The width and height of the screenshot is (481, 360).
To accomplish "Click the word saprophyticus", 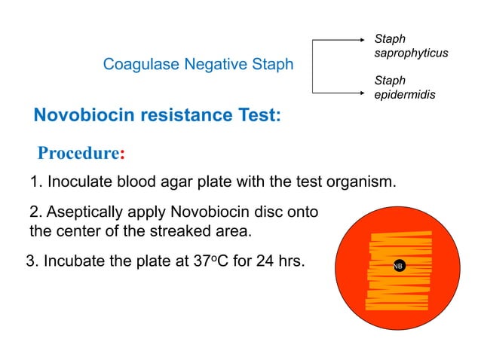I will pos(411,53).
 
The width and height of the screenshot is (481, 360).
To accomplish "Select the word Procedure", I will pos(78,153).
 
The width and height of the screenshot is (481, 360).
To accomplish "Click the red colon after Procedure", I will pos(122,154).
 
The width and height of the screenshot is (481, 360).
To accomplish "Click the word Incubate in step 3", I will pos(73,262).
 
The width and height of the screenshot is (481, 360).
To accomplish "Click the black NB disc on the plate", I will pos(397,266).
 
